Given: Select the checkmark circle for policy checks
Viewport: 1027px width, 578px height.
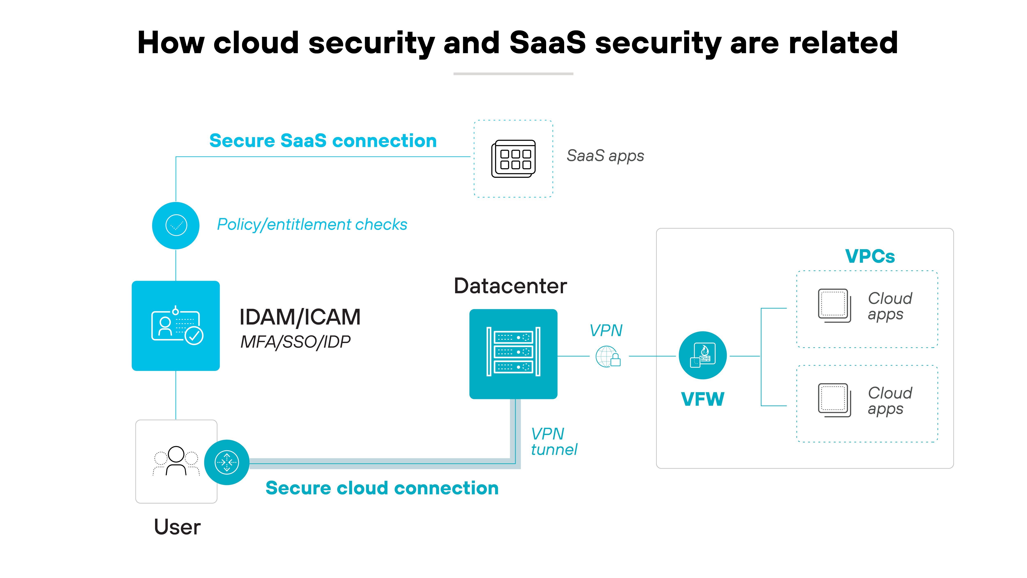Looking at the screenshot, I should [176, 225].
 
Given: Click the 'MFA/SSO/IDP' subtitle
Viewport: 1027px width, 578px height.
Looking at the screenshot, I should [295, 342].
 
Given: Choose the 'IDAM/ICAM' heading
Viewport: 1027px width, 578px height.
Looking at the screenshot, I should [300, 317].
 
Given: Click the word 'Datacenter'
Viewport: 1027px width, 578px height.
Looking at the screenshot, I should [510, 286].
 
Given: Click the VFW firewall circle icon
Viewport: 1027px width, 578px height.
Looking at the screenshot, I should [702, 355].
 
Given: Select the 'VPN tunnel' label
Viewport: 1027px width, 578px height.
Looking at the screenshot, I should [553, 442].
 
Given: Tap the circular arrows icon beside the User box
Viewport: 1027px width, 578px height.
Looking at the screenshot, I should [227, 462].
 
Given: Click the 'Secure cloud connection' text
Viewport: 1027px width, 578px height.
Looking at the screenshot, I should [382, 488].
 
